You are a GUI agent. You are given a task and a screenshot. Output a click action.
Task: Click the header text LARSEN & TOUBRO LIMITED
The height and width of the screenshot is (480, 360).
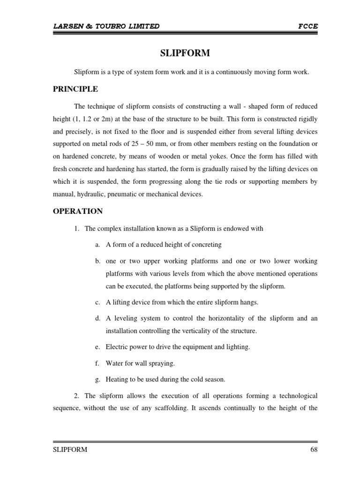(x=106, y=26)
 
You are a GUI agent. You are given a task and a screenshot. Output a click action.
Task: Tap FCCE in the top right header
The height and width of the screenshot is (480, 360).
(x=308, y=26)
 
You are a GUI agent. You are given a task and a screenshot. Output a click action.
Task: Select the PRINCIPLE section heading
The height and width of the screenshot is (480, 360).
(x=75, y=89)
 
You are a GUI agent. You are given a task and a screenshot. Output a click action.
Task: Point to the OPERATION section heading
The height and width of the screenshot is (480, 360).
(x=77, y=211)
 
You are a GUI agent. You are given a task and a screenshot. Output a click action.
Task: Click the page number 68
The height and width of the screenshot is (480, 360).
(x=314, y=450)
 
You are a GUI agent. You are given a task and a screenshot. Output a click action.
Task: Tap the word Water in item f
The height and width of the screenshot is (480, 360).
(x=114, y=363)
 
